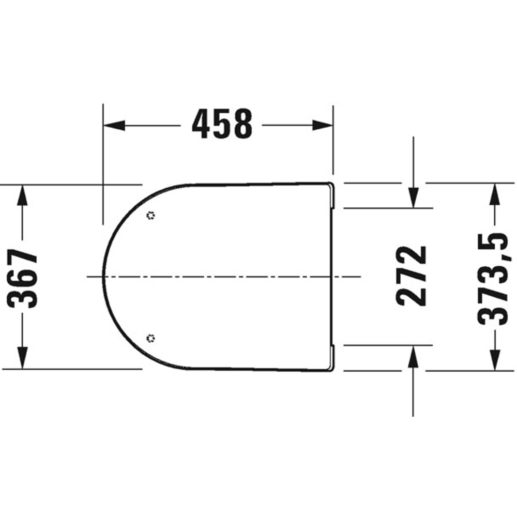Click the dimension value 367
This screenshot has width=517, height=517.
tap(22, 279)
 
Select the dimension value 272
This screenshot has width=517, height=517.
tap(412, 276)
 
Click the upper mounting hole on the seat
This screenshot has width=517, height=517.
tap(150, 215)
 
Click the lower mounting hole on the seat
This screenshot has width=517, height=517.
tap(150, 338)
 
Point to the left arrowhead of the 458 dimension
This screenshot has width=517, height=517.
tap(114, 125)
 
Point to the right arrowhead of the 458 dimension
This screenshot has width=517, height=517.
tap(323, 125)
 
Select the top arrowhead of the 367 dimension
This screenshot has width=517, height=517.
tap(22, 196)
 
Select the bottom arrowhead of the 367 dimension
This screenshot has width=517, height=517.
tap(22, 358)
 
